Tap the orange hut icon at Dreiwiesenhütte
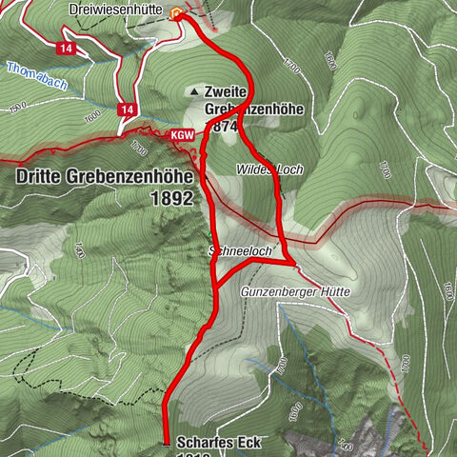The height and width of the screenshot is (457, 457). point(175,14)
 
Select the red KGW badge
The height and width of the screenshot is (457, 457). point(183,136)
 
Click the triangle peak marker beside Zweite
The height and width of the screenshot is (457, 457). point(196,91)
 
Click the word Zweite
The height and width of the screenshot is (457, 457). point(227,92)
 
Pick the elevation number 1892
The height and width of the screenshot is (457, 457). point(171,199)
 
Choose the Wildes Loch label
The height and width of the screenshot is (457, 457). point(269,169)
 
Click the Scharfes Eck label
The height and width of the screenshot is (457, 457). point(218,442)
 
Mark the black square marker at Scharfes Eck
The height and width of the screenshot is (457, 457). point(168,444)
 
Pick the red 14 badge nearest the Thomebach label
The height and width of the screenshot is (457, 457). point(66,48)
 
